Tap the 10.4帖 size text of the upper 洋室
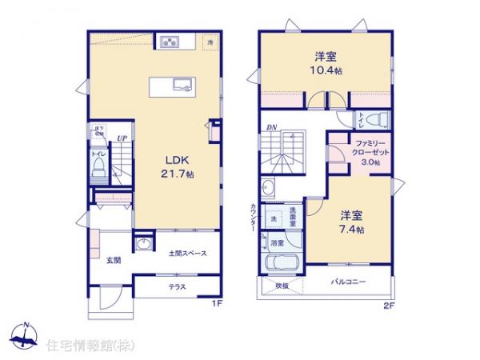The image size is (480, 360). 326,70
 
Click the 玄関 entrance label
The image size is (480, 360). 112,261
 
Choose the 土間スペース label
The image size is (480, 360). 188,254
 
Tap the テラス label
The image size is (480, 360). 178,286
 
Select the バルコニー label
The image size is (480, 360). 349,282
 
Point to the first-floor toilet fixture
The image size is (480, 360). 98,166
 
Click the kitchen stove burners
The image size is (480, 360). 170,42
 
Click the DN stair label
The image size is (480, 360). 272,127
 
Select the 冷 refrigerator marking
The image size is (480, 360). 210,42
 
